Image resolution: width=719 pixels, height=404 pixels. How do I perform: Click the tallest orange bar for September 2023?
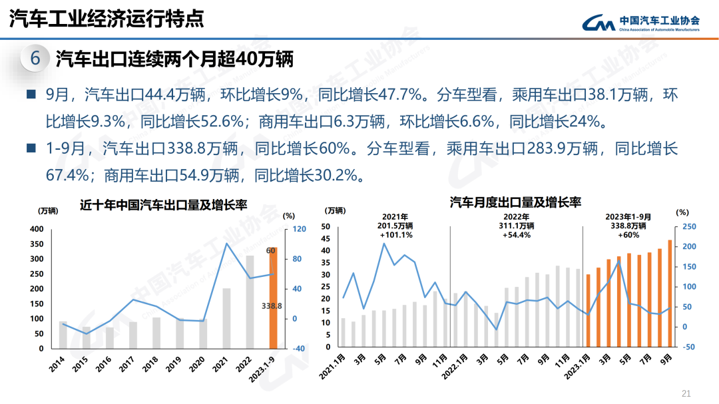tap(669, 294)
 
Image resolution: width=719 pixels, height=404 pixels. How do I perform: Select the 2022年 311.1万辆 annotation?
tap(516, 226)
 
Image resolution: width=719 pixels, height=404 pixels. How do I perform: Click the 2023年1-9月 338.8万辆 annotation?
tap(628, 226)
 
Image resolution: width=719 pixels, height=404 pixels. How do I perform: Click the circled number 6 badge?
tap(36, 59)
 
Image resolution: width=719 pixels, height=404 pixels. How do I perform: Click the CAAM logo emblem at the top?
tap(599, 23)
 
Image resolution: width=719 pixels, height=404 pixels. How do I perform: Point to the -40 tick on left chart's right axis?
tap(296, 348)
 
